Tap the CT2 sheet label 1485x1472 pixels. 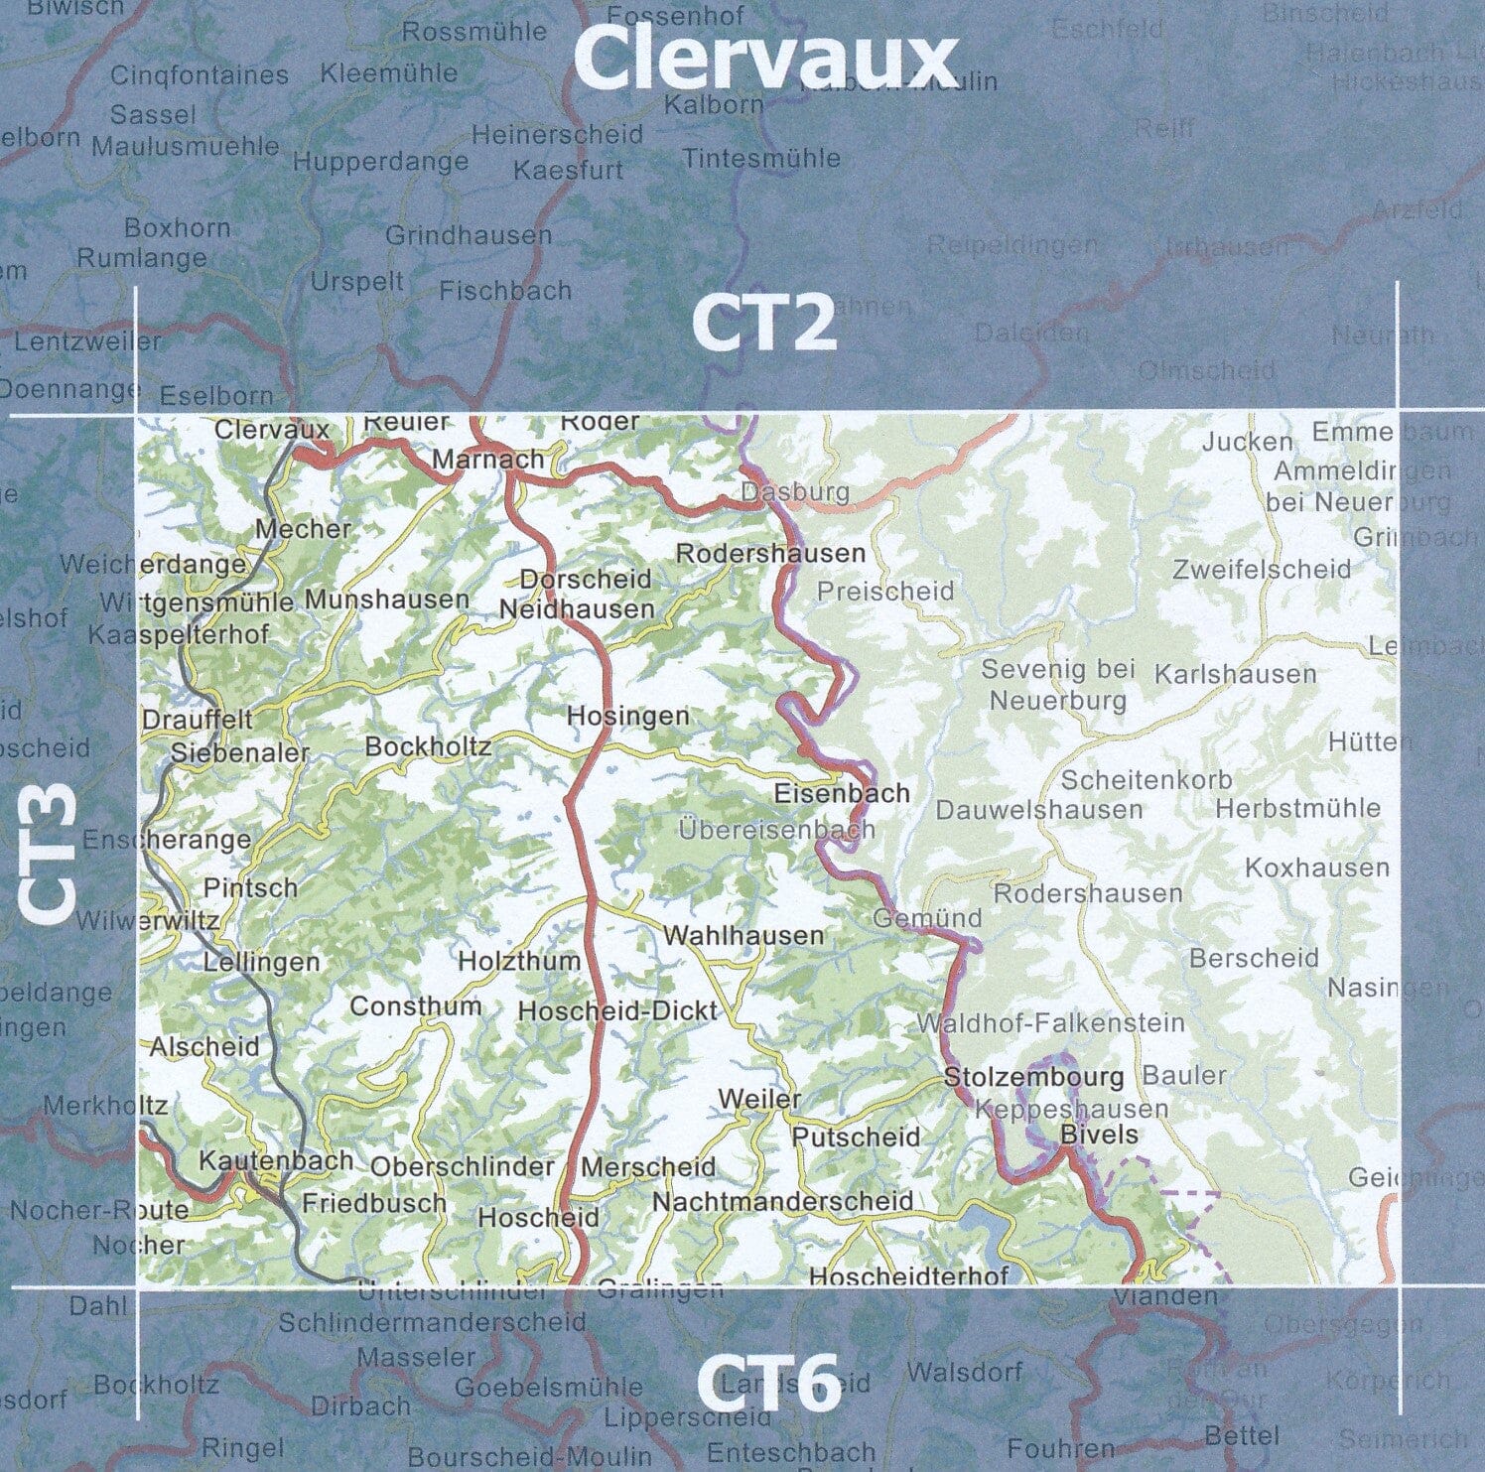(x=763, y=324)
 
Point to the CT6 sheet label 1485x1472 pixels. (x=767, y=1383)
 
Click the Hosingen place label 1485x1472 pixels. (x=627, y=716)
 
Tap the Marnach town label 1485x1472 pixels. (x=488, y=460)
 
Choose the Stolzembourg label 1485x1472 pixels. (x=1033, y=1077)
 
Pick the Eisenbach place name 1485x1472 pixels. (x=842, y=793)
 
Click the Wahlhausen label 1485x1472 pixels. (x=743, y=935)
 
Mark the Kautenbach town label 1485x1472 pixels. (x=276, y=1160)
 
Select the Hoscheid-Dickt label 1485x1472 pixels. (x=617, y=1010)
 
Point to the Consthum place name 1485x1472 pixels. (x=415, y=1005)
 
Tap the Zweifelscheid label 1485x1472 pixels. (x=1261, y=570)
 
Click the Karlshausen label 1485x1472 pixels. (x=1235, y=675)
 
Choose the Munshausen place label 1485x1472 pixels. (x=386, y=600)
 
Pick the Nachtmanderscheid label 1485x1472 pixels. (x=782, y=1201)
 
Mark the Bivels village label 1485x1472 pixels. (x=1099, y=1134)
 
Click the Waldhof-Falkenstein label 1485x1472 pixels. (x=1051, y=1022)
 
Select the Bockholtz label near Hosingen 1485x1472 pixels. (x=428, y=746)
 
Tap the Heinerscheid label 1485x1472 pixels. (x=557, y=134)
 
